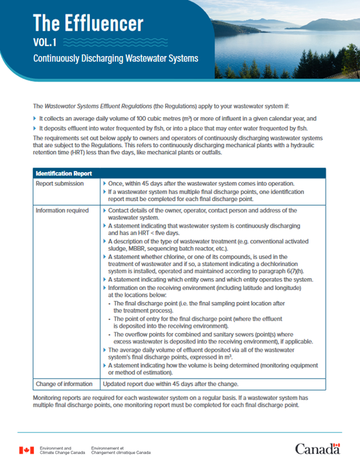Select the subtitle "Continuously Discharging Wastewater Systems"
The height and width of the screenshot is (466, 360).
[115, 58]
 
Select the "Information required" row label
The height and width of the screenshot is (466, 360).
[62, 210]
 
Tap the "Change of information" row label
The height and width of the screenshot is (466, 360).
[64, 383]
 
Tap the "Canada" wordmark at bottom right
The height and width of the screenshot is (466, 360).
[317, 449]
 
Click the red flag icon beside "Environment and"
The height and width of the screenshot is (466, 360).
[27, 450]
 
